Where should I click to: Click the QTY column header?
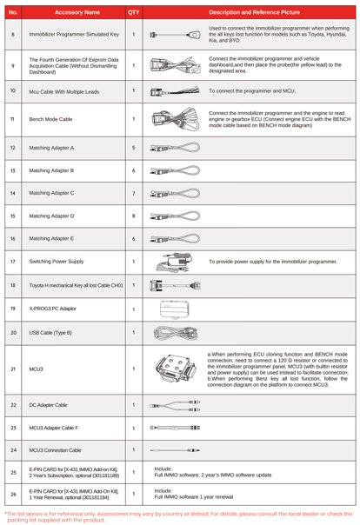[x=134, y=12]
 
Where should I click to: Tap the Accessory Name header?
[x=77, y=12]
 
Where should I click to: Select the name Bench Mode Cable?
[x=50, y=119]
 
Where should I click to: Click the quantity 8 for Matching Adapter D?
[x=134, y=216]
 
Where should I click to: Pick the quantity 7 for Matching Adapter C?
[x=134, y=193]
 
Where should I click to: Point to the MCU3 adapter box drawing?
[x=176, y=369]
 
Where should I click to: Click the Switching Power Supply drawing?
[x=175, y=262]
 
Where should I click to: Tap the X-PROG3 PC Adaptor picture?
[x=175, y=309]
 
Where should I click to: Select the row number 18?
[x=13, y=285]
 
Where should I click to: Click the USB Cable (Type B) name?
[x=50, y=333]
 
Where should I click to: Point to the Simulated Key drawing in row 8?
[x=176, y=35]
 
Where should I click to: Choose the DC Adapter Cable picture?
[x=175, y=405]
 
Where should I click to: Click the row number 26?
[x=13, y=494]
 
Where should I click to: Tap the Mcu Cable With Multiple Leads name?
[x=64, y=92]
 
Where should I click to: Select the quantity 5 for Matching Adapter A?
[x=134, y=148]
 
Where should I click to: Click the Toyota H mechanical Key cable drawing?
[x=175, y=286]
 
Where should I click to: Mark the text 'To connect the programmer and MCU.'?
[x=252, y=90]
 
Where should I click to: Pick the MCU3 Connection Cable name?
[x=55, y=450]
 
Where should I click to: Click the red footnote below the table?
[x=178, y=516]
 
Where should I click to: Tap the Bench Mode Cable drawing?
[x=176, y=119]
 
